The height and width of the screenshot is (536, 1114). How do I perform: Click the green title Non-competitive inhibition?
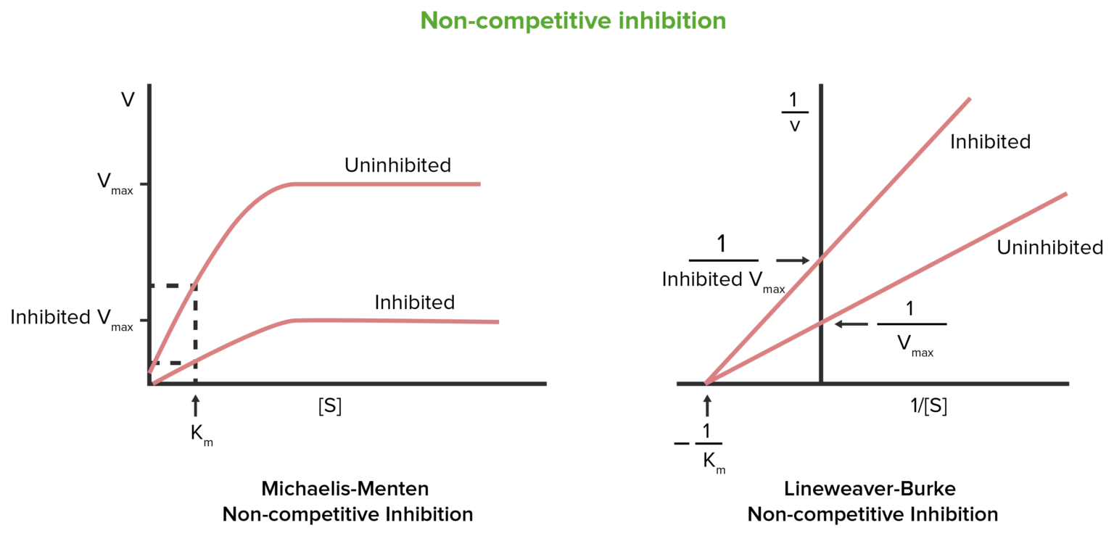[573, 20]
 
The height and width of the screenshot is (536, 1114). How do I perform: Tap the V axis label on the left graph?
[127, 99]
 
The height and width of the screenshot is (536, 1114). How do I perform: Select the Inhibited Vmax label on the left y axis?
[72, 319]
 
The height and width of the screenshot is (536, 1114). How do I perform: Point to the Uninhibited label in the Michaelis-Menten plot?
[397, 165]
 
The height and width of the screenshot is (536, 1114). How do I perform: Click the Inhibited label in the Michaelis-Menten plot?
[414, 302]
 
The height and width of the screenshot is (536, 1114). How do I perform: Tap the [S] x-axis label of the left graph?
[330, 406]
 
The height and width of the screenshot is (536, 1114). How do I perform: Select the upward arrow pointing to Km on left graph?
[195, 405]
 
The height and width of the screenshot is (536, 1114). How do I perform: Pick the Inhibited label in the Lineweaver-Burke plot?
[990, 141]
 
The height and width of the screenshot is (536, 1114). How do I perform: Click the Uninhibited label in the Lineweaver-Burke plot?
[1049, 247]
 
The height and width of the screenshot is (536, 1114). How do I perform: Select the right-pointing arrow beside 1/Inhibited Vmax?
[792, 260]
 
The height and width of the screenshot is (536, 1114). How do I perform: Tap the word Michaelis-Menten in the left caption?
[350, 487]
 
